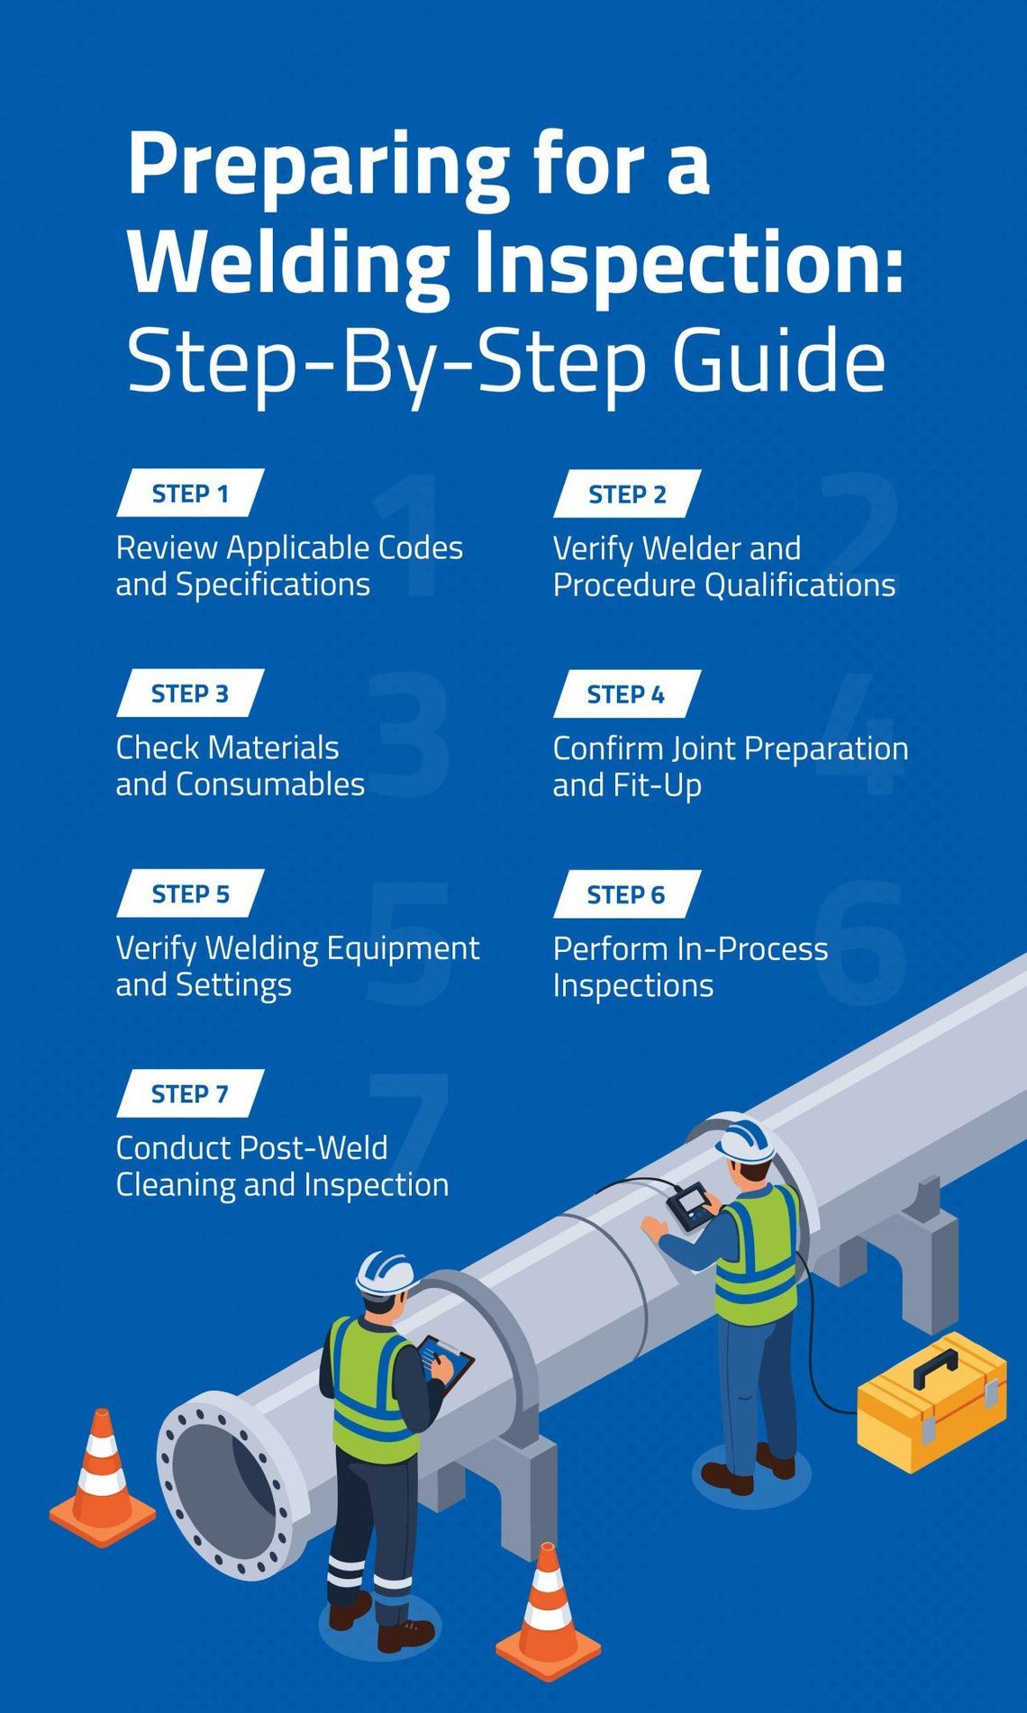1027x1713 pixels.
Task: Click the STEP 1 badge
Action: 190,494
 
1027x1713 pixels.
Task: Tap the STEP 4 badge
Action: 626,694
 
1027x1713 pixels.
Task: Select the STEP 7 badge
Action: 190,1093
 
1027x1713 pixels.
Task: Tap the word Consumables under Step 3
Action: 270,784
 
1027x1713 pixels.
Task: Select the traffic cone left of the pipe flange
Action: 102,1473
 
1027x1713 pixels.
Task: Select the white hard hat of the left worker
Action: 385,1273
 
